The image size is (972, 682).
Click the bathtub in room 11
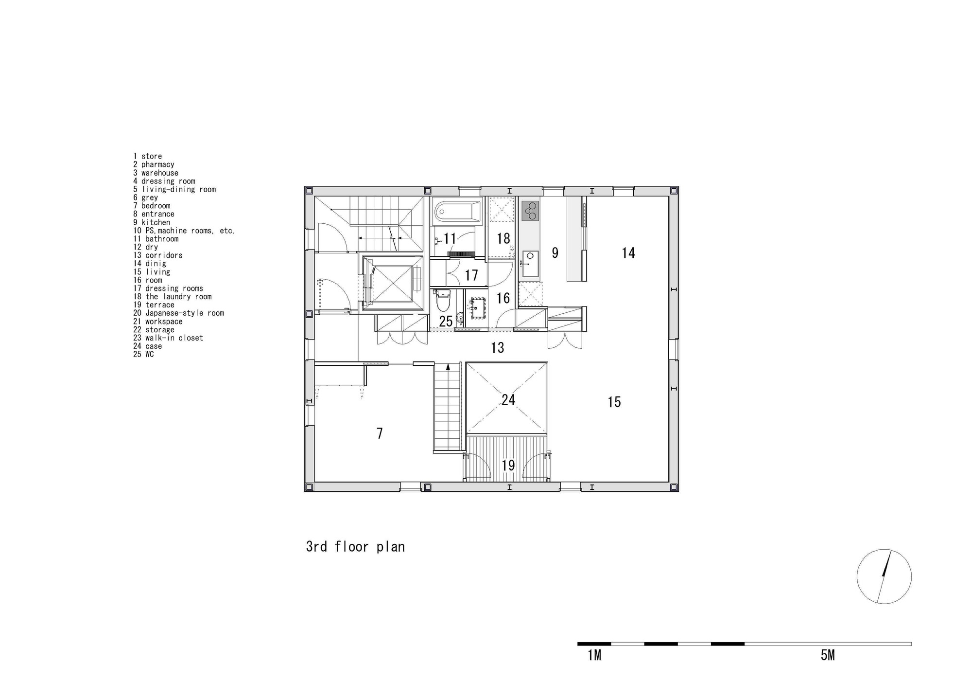point(456,211)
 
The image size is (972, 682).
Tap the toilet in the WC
point(442,301)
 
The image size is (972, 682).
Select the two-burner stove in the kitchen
point(530,211)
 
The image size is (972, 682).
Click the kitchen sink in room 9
point(530,258)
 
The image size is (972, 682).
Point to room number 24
point(508,400)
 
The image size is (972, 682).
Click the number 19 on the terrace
point(508,466)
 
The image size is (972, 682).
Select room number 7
point(380,433)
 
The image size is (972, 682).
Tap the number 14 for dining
point(628,252)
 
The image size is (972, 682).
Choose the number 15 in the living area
point(614,402)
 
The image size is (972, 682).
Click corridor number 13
point(498,347)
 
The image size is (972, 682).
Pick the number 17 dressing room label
point(471,275)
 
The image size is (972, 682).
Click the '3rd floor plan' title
point(355,547)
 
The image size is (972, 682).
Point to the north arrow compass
point(884,577)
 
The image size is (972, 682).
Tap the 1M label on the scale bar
point(594,655)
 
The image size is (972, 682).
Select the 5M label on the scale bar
point(828,655)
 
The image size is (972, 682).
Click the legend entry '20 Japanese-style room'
point(179,313)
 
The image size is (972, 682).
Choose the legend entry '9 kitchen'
point(152,222)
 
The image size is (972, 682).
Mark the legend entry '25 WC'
point(143,354)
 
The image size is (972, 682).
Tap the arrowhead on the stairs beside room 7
point(448,366)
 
